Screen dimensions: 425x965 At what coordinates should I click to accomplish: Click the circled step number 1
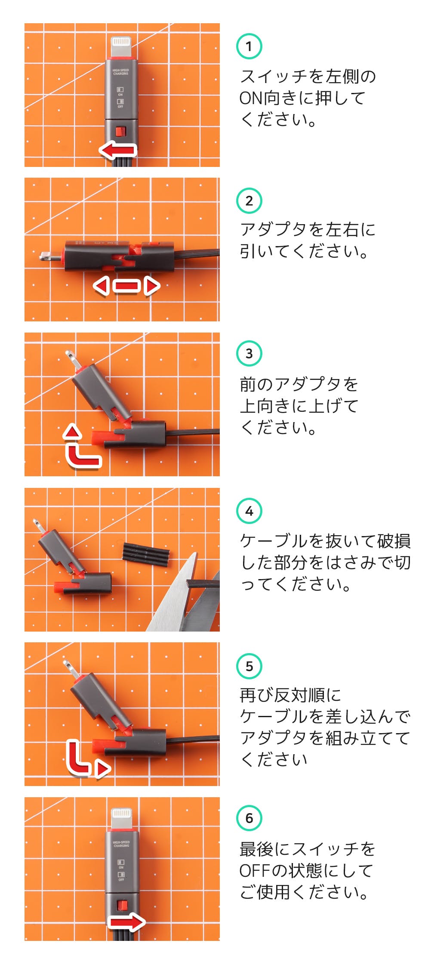pos(249,46)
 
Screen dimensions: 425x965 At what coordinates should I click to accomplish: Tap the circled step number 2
pos(249,200)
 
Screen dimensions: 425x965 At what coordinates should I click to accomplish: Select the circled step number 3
pos(249,353)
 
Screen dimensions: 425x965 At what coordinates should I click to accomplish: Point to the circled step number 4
pos(249,511)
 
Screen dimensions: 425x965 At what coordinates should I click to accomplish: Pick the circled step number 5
pos(249,666)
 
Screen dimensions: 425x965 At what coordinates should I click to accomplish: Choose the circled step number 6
pos(249,818)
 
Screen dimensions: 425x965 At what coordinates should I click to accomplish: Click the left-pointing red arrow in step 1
pos(117,150)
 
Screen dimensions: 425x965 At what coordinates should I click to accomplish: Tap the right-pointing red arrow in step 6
pos(126,922)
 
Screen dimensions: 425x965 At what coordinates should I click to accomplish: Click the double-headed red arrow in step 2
pos(126,286)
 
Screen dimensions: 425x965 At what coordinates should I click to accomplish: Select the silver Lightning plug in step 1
pos(121,47)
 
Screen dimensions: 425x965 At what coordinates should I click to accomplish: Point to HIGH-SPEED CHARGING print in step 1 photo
pos(120,71)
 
